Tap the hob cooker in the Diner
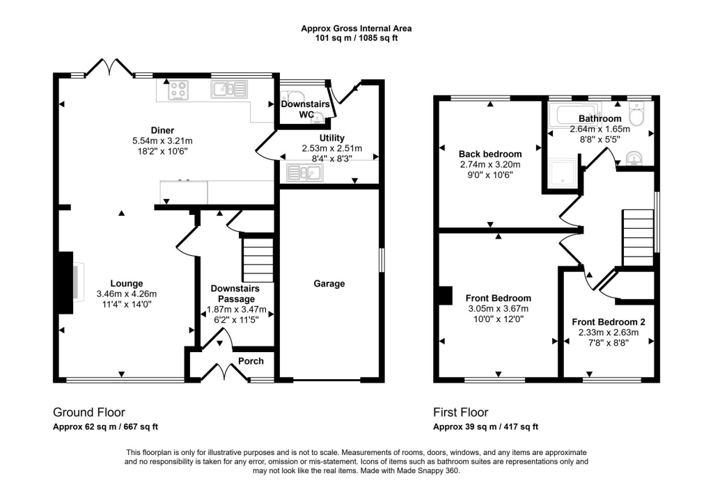click(x=177, y=89)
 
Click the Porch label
click(x=251, y=361)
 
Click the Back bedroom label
click(x=490, y=154)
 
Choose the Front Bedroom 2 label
click(x=609, y=322)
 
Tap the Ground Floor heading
click(x=89, y=413)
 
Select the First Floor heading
click(x=460, y=413)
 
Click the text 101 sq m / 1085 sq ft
click(x=356, y=38)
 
